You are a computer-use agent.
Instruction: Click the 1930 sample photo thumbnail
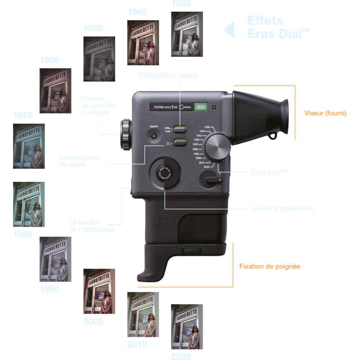(187, 34)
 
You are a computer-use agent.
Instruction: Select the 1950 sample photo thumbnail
(99, 58)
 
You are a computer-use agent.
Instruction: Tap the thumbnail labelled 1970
(29, 146)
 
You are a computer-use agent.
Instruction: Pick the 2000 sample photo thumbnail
(99, 291)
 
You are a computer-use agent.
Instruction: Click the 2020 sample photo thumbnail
(187, 327)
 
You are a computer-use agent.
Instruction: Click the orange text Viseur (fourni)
(325, 113)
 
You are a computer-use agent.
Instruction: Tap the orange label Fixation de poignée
(270, 266)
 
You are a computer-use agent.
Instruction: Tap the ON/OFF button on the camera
(153, 136)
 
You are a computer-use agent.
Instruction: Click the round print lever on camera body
(164, 173)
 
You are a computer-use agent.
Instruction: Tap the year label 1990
(49, 289)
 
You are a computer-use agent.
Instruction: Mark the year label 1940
(137, 12)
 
